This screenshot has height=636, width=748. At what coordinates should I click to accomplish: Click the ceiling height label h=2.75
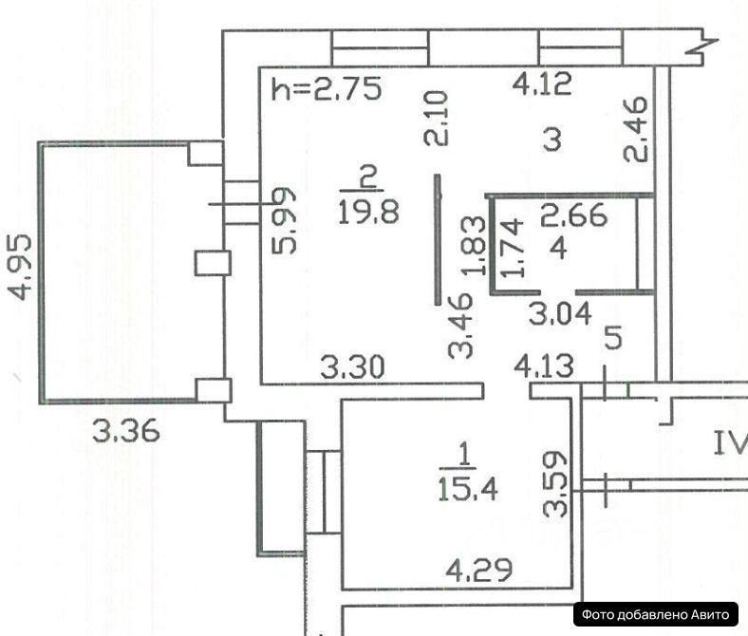(326, 89)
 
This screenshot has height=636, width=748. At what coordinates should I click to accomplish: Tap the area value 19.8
(362, 209)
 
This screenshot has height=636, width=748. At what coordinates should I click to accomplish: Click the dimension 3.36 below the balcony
(125, 432)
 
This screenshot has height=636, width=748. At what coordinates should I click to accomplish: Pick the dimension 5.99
(286, 219)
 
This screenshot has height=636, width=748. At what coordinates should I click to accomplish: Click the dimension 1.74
(514, 249)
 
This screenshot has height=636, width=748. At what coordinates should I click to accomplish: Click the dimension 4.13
(544, 365)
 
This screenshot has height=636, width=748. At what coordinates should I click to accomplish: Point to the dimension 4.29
(480, 571)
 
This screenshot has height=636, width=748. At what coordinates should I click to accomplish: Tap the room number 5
(613, 337)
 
